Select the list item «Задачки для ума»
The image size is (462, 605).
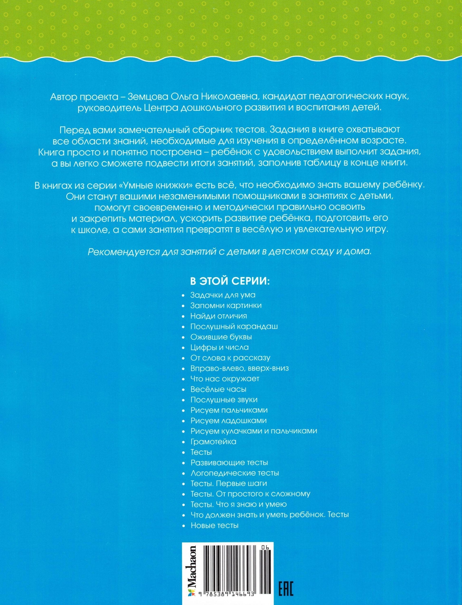tap(223, 295)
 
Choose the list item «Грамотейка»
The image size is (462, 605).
tap(213, 442)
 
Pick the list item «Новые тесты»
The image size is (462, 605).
tap(214, 525)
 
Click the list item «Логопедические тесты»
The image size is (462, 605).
tap(235, 473)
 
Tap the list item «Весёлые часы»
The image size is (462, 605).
tap(218, 389)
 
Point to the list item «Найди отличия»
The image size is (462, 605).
tap(219, 316)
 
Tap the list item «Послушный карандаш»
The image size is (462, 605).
tap(234, 327)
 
